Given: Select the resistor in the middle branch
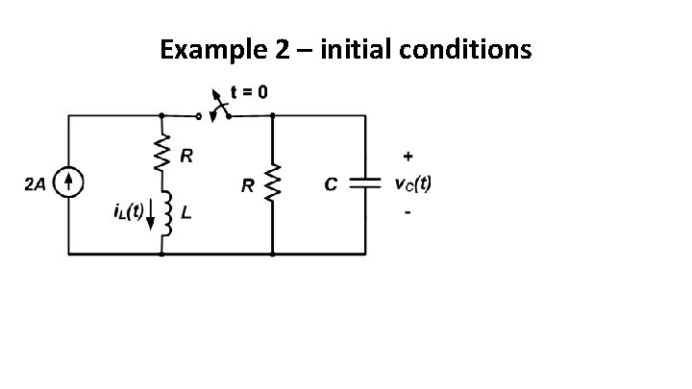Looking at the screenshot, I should pyautogui.click(x=273, y=183).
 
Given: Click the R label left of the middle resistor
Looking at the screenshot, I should pyautogui.click(x=248, y=186).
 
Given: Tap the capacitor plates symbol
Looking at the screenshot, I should pyautogui.click(x=364, y=183).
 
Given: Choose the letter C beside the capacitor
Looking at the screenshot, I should pyautogui.click(x=331, y=185).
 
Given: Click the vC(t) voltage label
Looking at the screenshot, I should pyautogui.click(x=413, y=184).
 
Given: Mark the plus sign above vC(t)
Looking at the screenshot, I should pyautogui.click(x=409, y=155).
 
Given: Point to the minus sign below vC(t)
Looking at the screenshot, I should pyautogui.click(x=408, y=212).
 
